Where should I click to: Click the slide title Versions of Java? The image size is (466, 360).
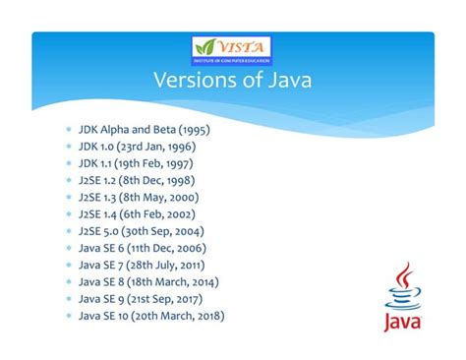click(x=232, y=81)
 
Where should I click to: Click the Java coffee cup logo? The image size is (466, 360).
click(x=402, y=290)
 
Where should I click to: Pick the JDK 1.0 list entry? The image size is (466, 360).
click(x=142, y=147)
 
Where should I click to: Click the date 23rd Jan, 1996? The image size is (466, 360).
click(x=166, y=147)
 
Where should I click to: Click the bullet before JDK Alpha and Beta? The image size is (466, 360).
click(x=69, y=129)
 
